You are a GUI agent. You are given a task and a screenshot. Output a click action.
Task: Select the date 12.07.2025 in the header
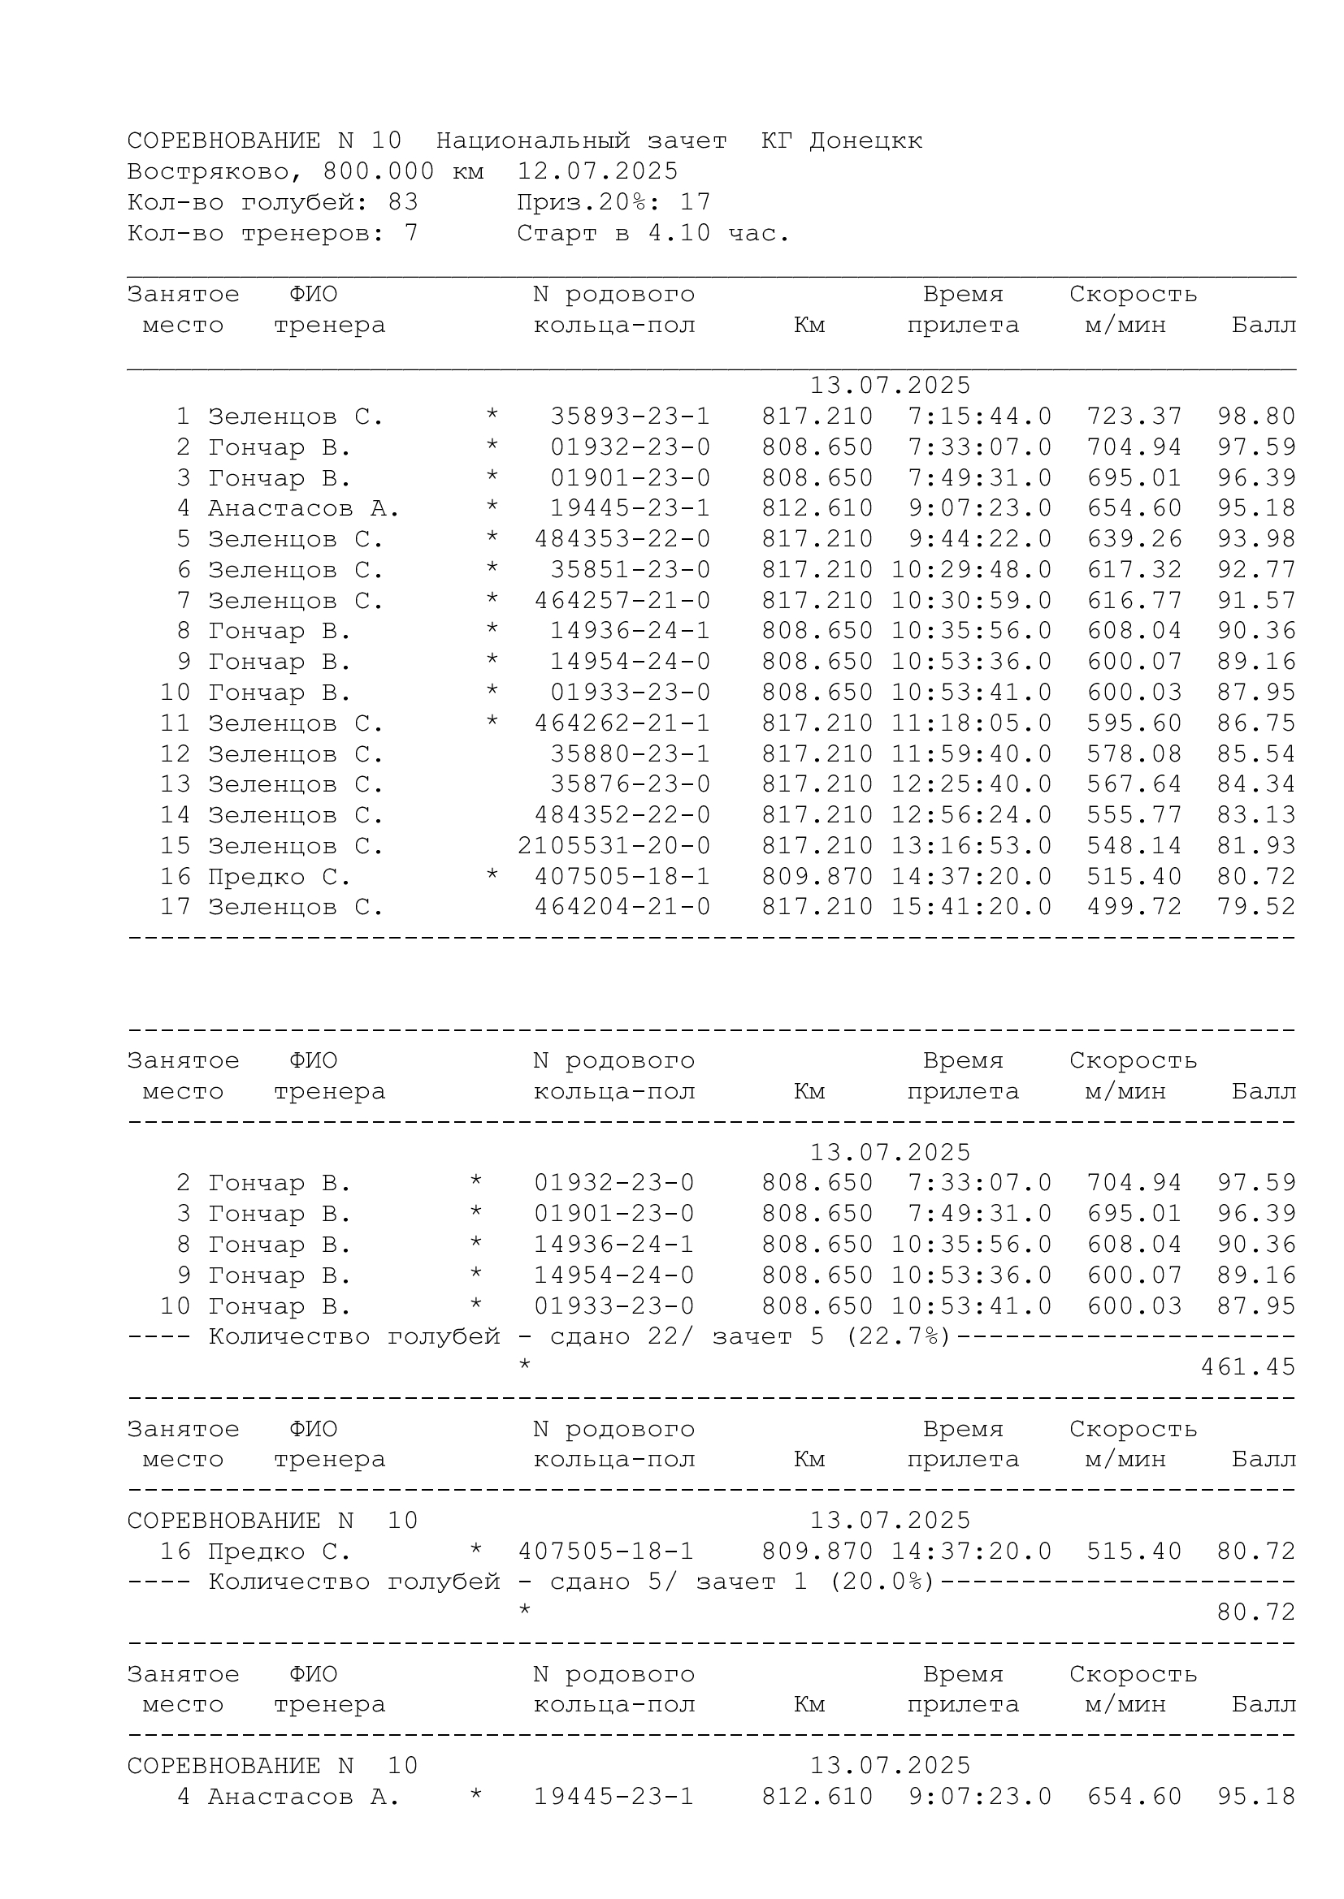(x=596, y=171)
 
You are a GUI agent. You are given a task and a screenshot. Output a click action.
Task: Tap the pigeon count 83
(x=403, y=202)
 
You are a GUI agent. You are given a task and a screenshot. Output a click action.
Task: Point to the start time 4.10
(x=679, y=233)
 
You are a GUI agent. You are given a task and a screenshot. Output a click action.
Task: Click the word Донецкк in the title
(x=865, y=140)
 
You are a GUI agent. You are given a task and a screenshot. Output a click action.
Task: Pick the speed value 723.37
(x=1134, y=416)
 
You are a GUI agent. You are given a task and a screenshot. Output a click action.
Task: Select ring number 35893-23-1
(x=630, y=416)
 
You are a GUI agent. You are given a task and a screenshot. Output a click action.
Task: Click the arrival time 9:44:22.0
(x=980, y=539)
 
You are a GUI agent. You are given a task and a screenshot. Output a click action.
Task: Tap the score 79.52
(x=1255, y=907)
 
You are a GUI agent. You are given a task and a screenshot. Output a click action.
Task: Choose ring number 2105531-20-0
(x=613, y=845)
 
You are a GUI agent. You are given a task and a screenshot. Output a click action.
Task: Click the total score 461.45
(x=1247, y=1367)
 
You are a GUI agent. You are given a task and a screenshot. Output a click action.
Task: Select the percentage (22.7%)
(x=898, y=1336)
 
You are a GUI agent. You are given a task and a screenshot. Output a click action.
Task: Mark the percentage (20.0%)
(x=882, y=1582)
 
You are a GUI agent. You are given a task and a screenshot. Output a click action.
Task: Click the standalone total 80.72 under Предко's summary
(x=1255, y=1612)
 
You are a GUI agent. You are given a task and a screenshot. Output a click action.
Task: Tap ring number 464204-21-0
(x=622, y=907)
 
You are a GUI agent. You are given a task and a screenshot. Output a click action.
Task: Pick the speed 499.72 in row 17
(x=1134, y=907)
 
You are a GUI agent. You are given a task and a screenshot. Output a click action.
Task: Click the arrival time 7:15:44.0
(x=980, y=416)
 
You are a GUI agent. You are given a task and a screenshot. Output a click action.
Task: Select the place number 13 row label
(x=175, y=784)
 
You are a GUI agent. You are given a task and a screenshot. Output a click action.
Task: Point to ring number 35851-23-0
(x=630, y=570)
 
